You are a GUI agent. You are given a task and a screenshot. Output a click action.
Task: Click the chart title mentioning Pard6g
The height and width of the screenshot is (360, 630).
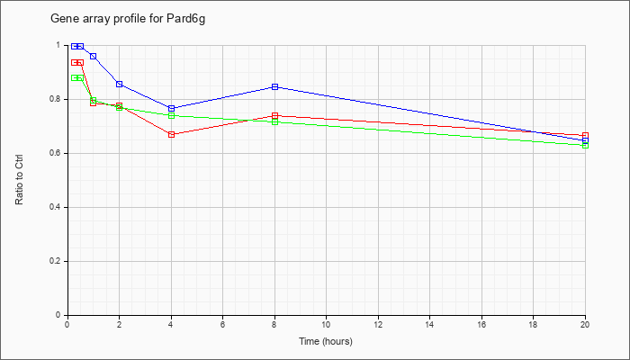pos(128,19)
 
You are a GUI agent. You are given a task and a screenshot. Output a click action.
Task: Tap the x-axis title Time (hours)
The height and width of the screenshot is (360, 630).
pos(326,341)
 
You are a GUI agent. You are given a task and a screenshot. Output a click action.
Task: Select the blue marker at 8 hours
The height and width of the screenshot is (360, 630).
pos(274,86)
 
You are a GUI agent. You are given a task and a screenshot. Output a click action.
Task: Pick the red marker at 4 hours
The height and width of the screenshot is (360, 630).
pos(172,135)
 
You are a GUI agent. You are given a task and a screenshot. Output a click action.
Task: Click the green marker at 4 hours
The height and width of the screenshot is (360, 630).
pos(172,116)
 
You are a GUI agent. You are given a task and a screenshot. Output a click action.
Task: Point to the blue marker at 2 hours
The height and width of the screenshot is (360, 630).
pos(120,84)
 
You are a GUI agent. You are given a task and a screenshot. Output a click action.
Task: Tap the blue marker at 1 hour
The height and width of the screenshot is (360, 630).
pos(94,56)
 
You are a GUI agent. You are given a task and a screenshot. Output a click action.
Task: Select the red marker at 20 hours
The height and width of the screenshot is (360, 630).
pos(585,136)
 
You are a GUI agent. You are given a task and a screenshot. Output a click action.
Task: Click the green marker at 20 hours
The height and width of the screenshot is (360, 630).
pos(585,145)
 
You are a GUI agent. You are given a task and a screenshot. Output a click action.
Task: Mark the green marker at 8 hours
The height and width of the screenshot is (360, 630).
pos(274,121)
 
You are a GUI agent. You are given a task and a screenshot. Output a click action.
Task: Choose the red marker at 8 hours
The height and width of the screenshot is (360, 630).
pos(274,116)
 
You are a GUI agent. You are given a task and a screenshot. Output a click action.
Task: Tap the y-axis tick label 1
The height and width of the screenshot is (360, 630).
pos(58,45)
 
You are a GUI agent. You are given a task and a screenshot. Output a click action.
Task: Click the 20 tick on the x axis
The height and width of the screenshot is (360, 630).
pos(585,318)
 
